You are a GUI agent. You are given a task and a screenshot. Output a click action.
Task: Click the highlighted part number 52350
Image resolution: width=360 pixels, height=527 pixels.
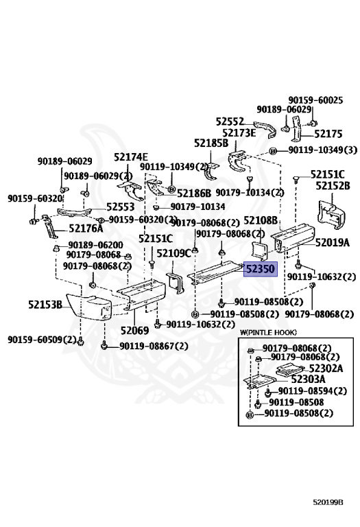261,269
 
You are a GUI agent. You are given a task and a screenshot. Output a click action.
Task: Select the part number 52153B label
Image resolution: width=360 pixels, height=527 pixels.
45,305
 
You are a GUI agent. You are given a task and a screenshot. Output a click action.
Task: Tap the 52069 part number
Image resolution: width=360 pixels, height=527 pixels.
134,330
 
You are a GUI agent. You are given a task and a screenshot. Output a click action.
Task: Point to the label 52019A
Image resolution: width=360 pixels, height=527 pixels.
332,242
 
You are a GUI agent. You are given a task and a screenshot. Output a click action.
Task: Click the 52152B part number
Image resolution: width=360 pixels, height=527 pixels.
333,185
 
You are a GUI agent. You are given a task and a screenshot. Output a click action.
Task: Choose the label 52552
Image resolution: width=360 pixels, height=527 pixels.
230,121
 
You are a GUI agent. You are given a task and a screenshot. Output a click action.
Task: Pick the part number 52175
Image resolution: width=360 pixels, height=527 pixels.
328,134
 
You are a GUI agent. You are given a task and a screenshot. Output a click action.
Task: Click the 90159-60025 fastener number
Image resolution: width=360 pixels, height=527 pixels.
315,99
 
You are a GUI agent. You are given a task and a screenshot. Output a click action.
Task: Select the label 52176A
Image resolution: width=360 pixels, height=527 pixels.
86,229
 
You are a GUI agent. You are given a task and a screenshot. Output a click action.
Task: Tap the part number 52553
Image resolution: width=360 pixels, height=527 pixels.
120,207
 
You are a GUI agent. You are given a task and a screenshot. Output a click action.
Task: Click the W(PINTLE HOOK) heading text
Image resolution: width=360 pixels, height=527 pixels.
268,332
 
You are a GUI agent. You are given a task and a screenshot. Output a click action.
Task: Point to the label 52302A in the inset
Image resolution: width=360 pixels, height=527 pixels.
326,368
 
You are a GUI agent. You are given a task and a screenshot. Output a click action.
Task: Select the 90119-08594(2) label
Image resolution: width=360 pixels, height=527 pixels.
313,391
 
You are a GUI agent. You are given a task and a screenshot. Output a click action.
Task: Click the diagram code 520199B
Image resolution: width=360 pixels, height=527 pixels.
328,502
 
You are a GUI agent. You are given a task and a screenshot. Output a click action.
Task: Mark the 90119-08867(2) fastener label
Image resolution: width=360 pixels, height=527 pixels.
154,346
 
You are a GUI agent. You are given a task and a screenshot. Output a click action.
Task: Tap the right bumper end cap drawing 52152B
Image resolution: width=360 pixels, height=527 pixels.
329,213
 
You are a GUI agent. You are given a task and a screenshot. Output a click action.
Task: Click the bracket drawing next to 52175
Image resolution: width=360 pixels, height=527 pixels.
296,130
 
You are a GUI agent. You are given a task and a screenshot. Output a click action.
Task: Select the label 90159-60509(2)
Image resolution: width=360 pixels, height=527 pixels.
42,340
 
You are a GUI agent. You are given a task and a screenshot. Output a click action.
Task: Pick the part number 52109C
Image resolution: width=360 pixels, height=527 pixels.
174,253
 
